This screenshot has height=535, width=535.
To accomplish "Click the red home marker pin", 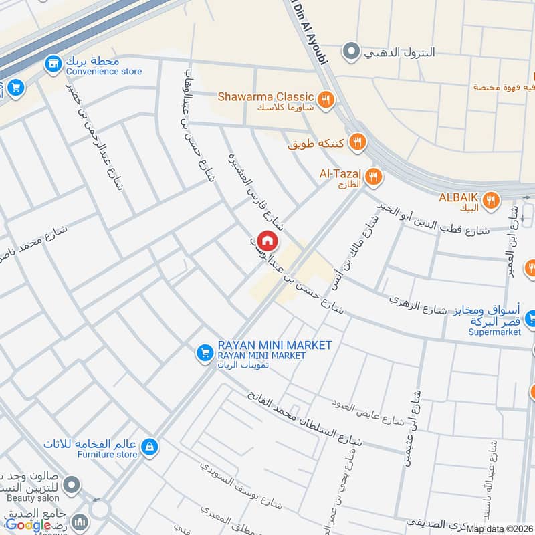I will coord(267,240).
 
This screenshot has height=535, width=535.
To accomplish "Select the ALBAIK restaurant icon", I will coord(492,199).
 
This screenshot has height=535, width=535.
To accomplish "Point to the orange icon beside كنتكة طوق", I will coord(358,142).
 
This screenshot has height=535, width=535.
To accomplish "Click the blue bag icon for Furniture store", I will coord(150,445).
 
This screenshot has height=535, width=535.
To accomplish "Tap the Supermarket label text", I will coord(494,332).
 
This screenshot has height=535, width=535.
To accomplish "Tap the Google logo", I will coord(28,525).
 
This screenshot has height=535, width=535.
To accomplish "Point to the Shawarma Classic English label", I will coord(265,97).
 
